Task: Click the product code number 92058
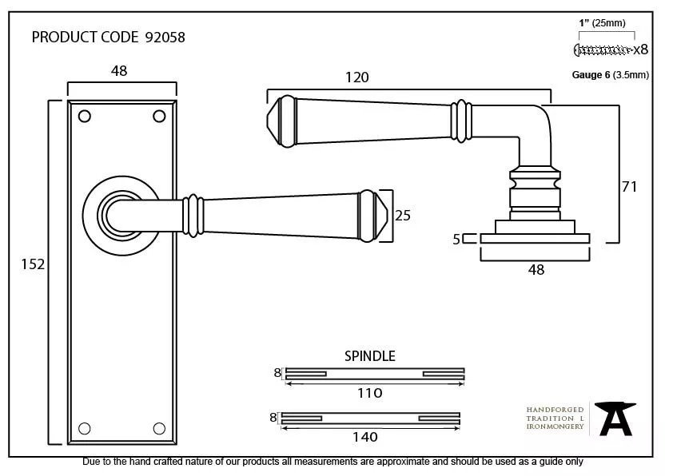(165, 38)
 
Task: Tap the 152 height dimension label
(33, 264)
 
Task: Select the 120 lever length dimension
(356, 77)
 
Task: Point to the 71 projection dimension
(629, 186)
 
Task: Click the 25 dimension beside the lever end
(403, 215)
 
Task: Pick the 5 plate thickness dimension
(456, 238)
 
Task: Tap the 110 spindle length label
(370, 393)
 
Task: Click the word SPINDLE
(369, 356)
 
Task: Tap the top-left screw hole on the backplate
(85, 116)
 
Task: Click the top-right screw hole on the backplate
(159, 116)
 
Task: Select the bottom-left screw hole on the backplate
(85, 427)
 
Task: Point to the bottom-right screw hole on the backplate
(159, 427)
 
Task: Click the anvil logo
(616, 418)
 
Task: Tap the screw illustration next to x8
(603, 50)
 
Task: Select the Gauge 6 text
(591, 75)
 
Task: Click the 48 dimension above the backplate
(118, 71)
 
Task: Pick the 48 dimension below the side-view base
(536, 270)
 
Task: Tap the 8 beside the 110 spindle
(277, 372)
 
